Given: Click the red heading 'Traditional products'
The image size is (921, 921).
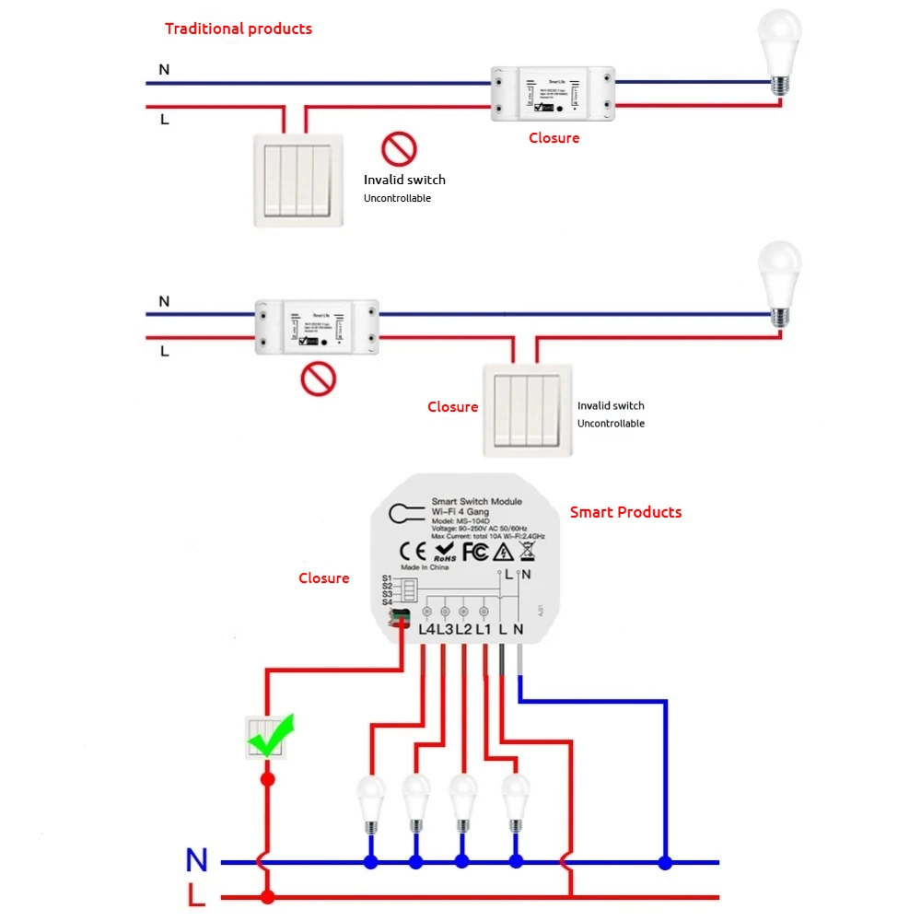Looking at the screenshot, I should point(239,29).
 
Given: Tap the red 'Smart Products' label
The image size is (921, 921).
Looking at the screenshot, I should point(625,512).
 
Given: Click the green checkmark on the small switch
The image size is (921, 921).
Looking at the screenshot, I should point(271,735).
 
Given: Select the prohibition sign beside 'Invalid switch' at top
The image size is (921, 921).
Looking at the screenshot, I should point(400,148).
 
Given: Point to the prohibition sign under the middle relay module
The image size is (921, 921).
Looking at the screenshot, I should point(319,379).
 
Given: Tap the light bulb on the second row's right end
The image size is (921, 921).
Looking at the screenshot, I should point(779,281).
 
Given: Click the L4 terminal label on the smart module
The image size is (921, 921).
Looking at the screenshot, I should point(426,629).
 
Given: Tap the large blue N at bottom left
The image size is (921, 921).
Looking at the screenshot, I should point(196,860).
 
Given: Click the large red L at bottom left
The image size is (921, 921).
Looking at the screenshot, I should point(196,895).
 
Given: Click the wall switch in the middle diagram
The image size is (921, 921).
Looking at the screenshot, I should point(527,409).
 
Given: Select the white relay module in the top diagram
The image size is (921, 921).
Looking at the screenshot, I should point(552,94).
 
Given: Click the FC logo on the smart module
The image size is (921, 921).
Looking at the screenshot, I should point(474,552).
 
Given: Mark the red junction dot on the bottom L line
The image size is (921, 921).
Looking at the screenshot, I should point(267,896).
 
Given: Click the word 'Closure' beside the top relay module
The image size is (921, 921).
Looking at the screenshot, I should point(554,138).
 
